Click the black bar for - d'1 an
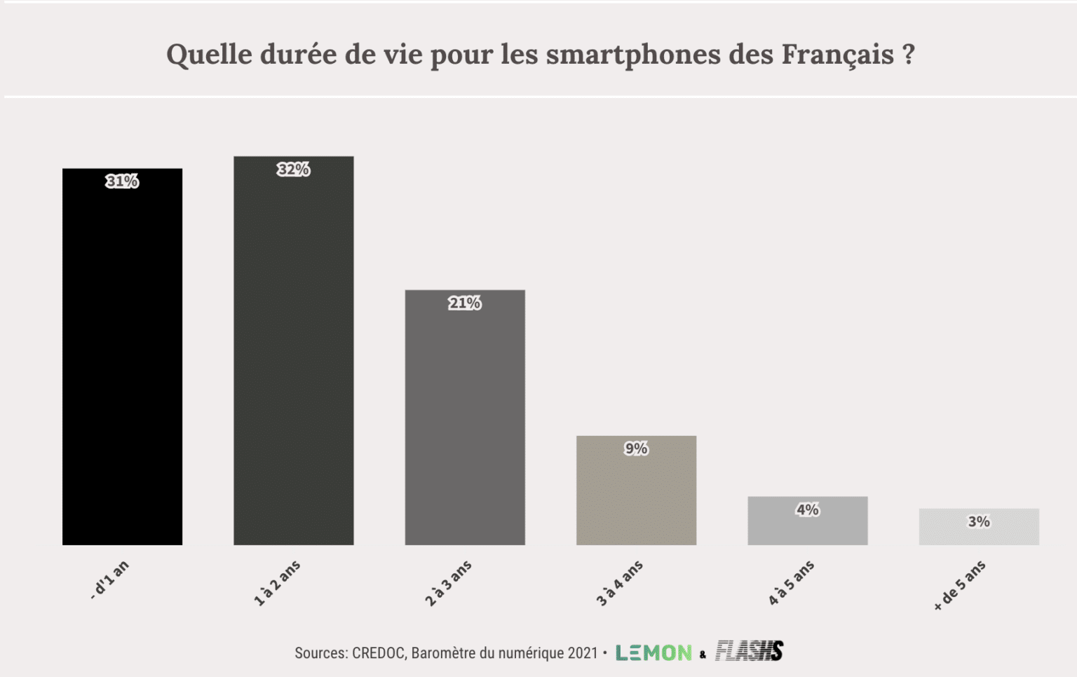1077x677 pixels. (x=122, y=364)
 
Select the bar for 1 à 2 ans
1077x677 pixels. (x=293, y=357)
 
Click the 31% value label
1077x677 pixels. (x=122, y=182)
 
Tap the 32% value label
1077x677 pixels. (x=293, y=170)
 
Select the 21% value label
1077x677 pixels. (x=465, y=303)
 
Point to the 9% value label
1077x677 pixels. (x=636, y=449)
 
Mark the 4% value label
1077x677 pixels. (x=807, y=510)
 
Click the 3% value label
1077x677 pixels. (x=979, y=521)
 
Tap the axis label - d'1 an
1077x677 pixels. (x=110, y=580)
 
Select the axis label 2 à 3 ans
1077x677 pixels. (x=449, y=583)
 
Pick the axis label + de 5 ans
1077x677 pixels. (x=960, y=585)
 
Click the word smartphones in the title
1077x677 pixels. (x=633, y=55)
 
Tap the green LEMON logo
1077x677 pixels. (x=653, y=652)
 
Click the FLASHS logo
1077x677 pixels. (x=749, y=651)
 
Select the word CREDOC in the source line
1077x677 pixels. (x=379, y=653)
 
